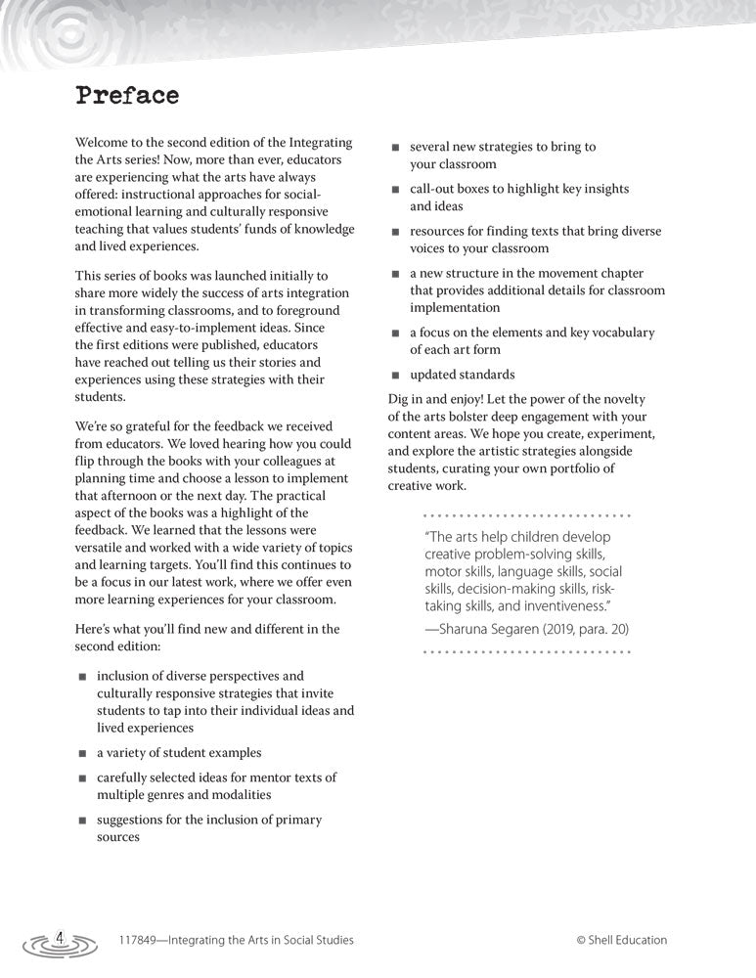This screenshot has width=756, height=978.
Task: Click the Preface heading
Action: coord(127,96)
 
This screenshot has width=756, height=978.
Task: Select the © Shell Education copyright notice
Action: coord(621,940)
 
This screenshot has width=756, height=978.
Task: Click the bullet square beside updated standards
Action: coord(396,376)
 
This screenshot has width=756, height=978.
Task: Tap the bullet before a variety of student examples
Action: coord(83,754)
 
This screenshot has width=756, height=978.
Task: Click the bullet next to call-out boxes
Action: coord(396,190)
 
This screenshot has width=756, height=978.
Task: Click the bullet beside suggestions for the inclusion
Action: coord(83,821)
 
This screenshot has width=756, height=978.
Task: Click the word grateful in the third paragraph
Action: coord(143,425)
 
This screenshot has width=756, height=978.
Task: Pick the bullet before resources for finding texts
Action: coord(396,233)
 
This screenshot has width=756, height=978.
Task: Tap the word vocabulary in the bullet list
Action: coord(617,333)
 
